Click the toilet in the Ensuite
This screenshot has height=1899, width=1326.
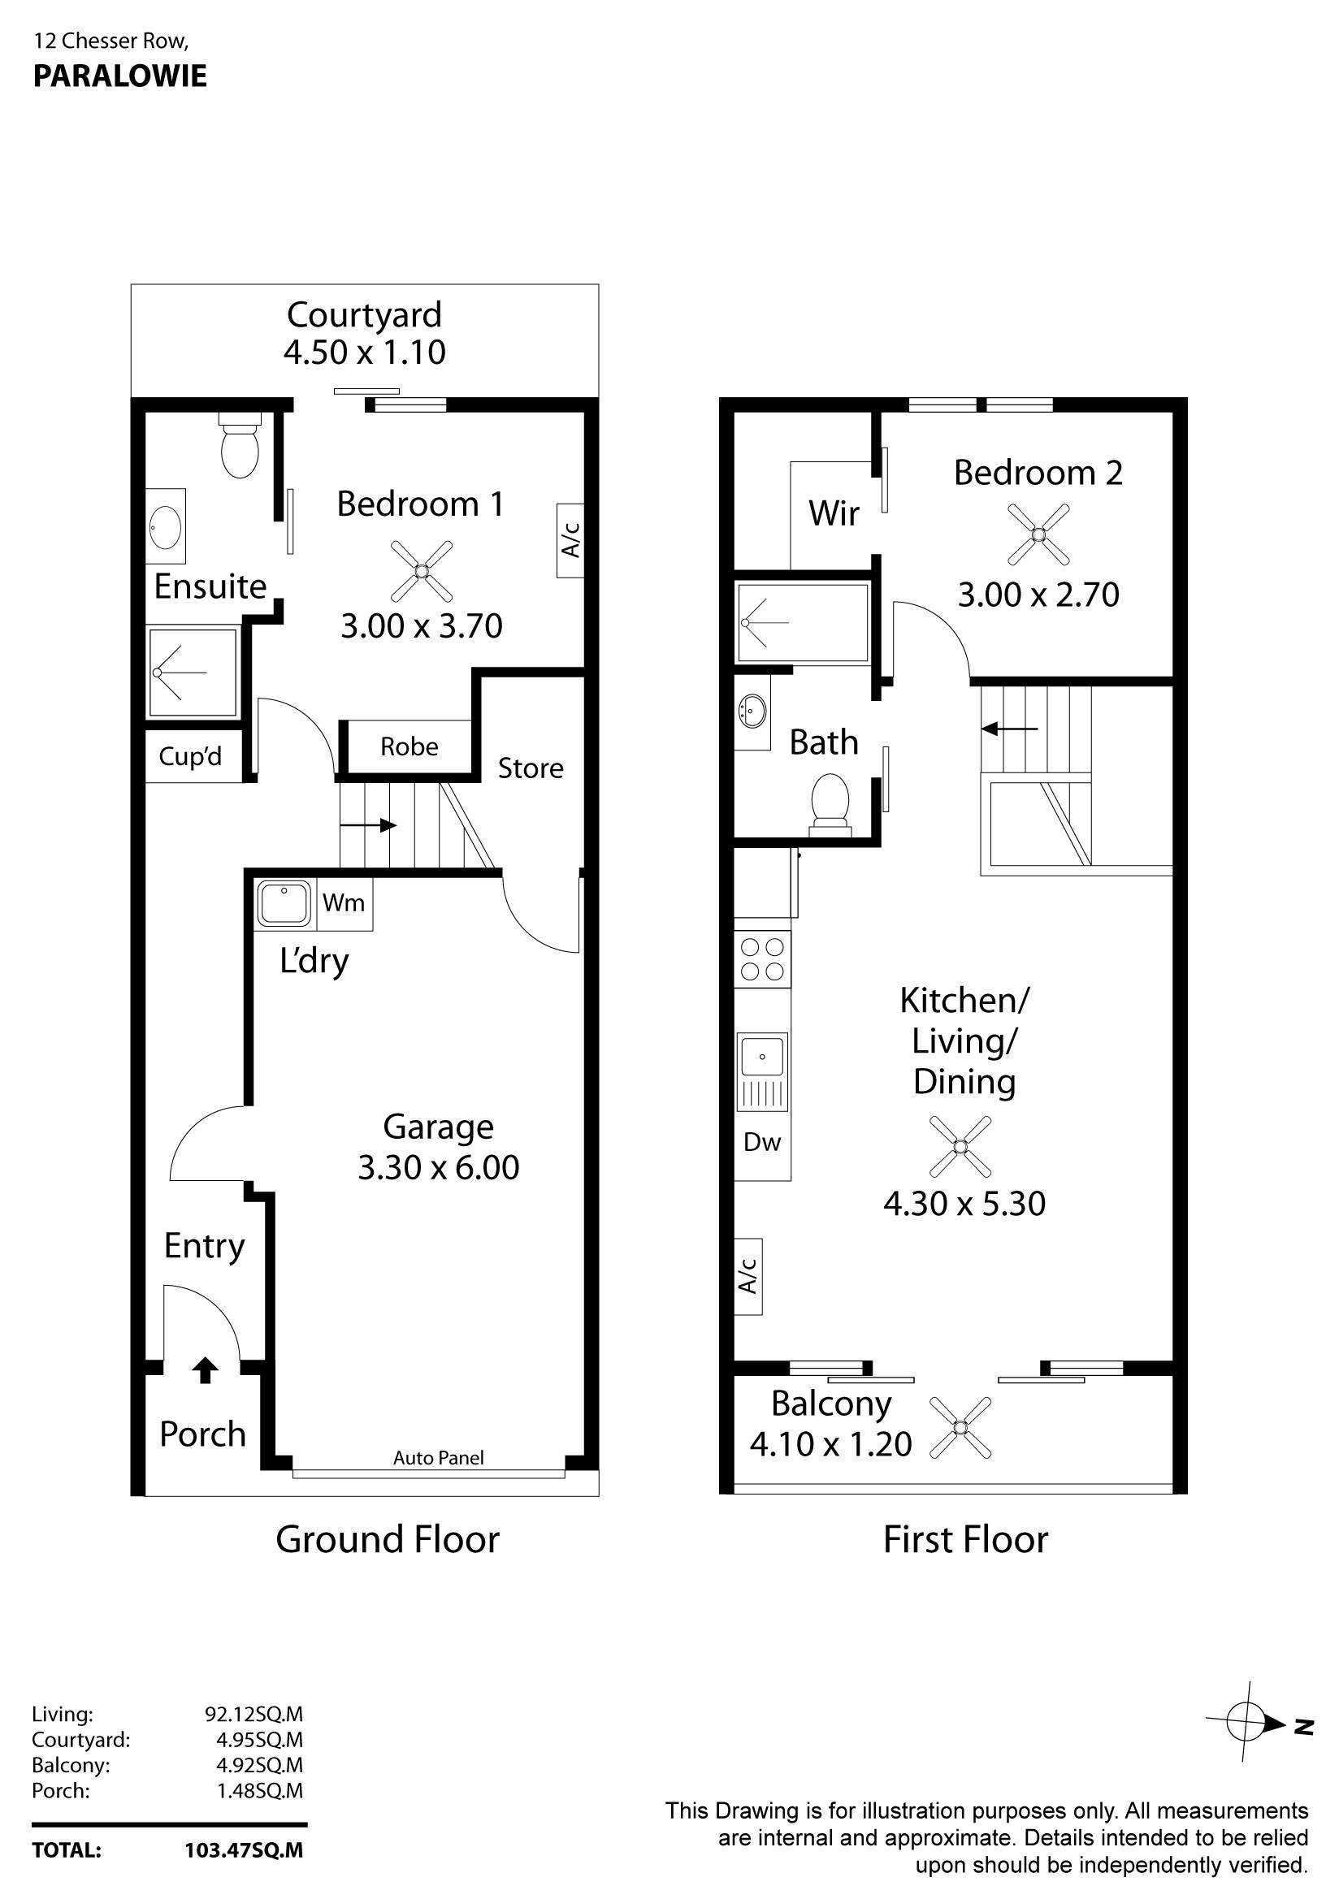[240, 447]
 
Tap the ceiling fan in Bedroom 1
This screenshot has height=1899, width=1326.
[421, 571]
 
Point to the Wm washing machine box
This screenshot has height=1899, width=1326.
[344, 902]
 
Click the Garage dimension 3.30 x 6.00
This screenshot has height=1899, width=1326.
[439, 1167]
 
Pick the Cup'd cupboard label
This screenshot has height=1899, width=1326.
[190, 757]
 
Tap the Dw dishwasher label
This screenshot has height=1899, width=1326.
[762, 1142]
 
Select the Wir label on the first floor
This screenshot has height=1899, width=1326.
[834, 513]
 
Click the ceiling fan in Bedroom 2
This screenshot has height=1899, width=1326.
[1038, 535]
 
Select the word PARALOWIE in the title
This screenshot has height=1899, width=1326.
[120, 76]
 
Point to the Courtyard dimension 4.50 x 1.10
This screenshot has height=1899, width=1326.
[365, 353]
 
